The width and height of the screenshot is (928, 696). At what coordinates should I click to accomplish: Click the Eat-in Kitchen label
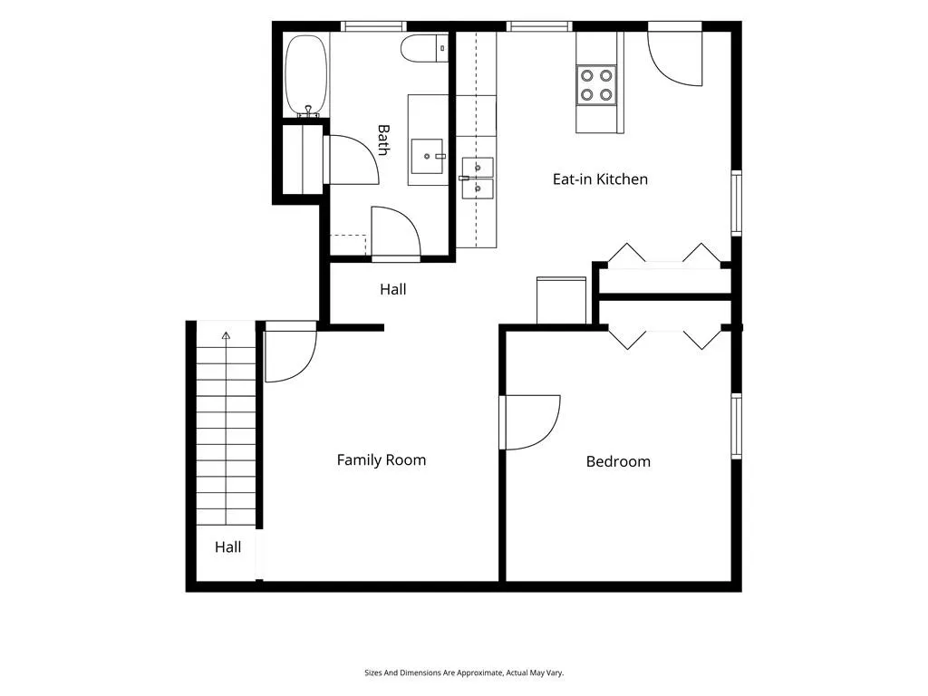tap(600, 179)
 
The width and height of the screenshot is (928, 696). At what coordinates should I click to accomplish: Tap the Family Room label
tap(382, 460)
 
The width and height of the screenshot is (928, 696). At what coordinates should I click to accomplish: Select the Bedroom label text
tap(618, 461)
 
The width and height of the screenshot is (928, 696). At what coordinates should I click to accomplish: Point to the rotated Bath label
tap(383, 140)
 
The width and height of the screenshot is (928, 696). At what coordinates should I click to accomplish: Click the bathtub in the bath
tap(306, 74)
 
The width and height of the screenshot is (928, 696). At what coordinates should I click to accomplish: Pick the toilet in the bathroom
tap(424, 48)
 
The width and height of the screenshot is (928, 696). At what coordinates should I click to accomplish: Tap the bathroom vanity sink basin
tap(427, 156)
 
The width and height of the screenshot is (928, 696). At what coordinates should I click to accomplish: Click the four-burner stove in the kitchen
tap(596, 85)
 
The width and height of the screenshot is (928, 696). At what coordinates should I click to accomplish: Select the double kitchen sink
tap(478, 178)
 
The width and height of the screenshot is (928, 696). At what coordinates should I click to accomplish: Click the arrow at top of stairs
tap(226, 335)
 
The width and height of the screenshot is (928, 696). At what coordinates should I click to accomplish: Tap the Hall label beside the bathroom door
tap(393, 289)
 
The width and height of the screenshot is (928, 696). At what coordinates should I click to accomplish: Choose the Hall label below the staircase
tap(227, 547)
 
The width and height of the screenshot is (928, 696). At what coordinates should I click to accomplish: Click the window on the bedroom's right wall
tap(736, 426)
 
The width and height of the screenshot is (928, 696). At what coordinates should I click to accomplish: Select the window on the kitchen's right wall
tap(736, 203)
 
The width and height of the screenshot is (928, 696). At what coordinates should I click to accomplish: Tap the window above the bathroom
tap(374, 26)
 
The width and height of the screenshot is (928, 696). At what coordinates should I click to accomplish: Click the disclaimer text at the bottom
tap(464, 673)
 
